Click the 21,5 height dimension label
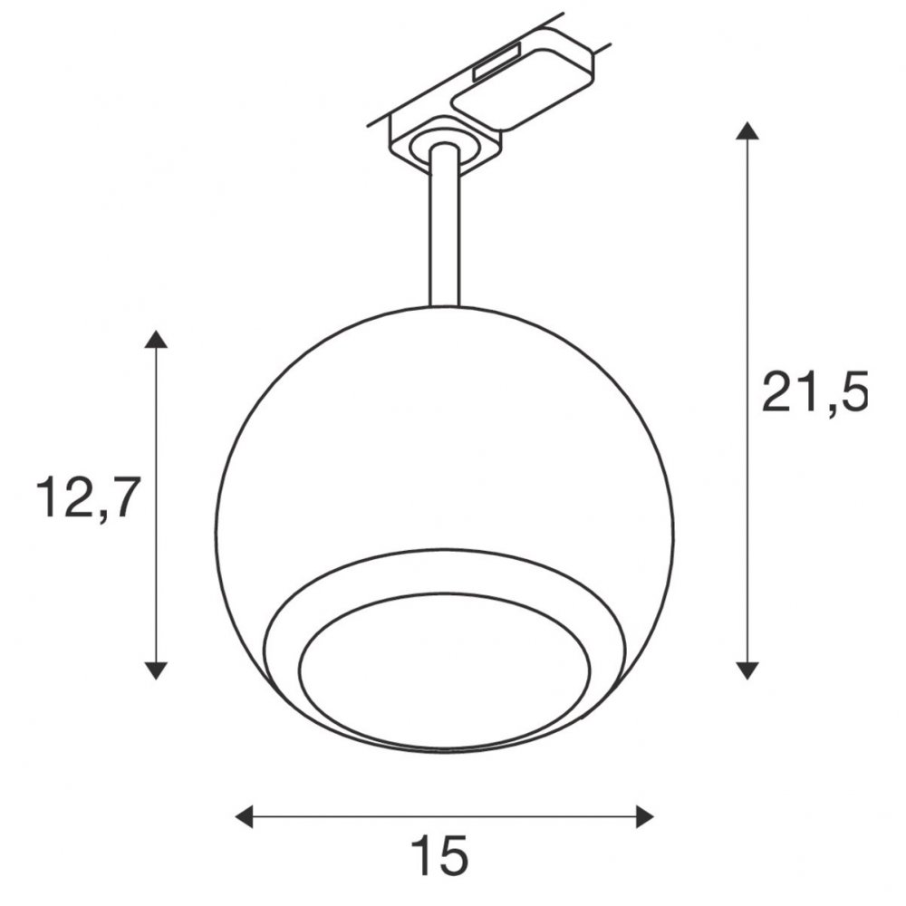814,392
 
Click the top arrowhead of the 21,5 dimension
747,131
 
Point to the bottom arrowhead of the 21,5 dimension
747,670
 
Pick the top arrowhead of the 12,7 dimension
156,339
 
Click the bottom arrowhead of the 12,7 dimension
156,670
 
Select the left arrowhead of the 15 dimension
244,816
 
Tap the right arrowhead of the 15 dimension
644,816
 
